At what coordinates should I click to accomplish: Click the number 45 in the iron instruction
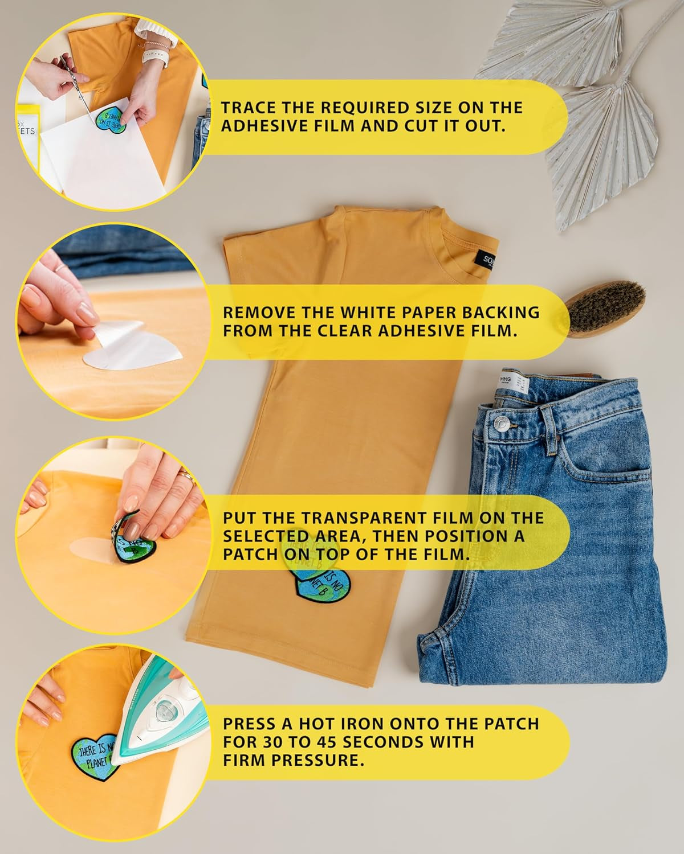pos(323,742)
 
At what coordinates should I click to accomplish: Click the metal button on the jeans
pos(502,423)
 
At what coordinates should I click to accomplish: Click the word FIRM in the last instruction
pos(246,761)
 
